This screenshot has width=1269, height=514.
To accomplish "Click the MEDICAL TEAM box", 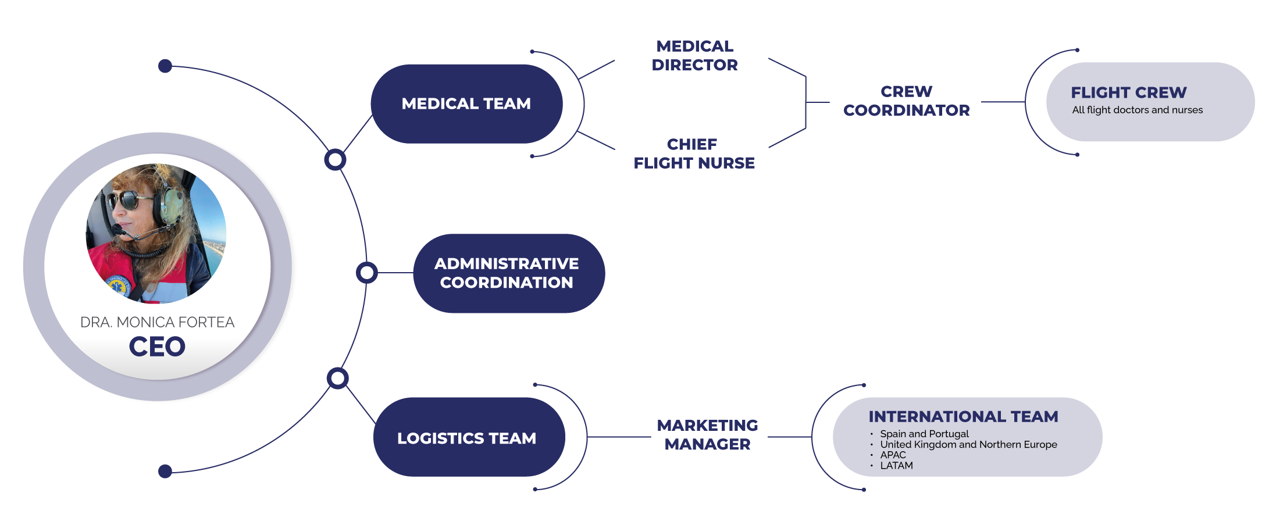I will pos(466,103).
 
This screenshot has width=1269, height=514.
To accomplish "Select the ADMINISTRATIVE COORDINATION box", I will pos(507,273).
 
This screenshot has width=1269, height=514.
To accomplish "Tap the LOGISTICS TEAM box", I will pos(467,438).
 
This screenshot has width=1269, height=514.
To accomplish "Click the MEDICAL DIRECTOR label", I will pos(694,55).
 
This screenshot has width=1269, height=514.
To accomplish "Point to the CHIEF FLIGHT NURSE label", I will pos(694,154).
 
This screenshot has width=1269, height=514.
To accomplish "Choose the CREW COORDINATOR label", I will pos(906,101).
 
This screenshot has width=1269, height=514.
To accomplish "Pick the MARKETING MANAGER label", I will pos(707,435).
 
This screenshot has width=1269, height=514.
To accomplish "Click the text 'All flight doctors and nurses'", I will pos(1137,110).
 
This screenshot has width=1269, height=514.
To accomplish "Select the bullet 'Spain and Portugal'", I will pos(924,434).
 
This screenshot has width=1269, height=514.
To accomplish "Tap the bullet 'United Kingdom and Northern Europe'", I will pos(968,444).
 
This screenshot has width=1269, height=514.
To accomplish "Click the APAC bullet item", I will pos(893,455).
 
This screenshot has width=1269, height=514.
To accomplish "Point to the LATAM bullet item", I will pos(896,466).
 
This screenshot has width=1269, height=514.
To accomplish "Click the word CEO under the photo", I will pos(157,347).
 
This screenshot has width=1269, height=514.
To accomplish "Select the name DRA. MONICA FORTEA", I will pos(157,322).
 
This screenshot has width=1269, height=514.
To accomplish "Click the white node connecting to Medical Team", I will pos(335,159).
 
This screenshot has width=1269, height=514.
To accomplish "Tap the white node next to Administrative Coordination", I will pos(367,273).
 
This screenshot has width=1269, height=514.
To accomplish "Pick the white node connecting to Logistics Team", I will pos(337,379).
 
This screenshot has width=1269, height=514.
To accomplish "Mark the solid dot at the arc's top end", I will pos(165,66).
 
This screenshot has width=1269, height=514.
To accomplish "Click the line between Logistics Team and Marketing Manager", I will pos(619,437).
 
